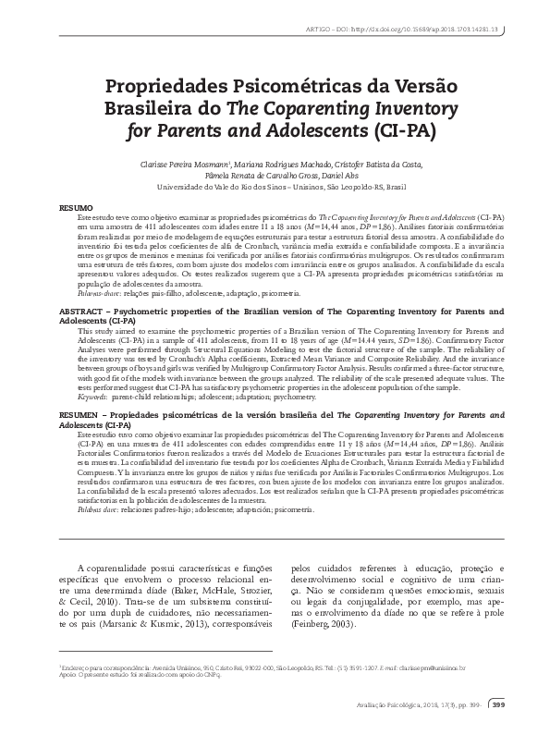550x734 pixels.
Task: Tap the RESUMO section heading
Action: pyautogui.click(x=76, y=209)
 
